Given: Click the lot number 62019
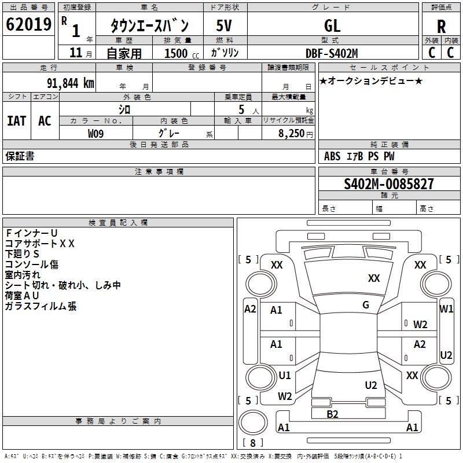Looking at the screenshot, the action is click(x=28, y=24).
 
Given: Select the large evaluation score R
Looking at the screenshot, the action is click(x=441, y=26).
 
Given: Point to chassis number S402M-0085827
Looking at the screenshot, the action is click(x=388, y=185).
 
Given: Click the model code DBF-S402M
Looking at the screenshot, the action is click(x=332, y=53).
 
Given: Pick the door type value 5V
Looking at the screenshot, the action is click(x=225, y=25).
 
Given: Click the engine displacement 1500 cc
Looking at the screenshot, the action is click(x=179, y=53).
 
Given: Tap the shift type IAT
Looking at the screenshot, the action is click(x=17, y=121).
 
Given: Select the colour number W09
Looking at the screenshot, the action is click(x=96, y=133).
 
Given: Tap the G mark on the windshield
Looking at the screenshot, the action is click(x=366, y=305).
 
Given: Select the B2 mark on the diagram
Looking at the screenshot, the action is click(x=332, y=414).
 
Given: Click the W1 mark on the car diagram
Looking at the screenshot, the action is click(x=446, y=309).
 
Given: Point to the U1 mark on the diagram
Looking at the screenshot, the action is click(x=285, y=376).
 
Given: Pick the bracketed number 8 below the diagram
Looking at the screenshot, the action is click(x=252, y=443).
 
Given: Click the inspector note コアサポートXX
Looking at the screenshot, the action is click(x=40, y=244).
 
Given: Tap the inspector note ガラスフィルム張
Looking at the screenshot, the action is click(x=41, y=306).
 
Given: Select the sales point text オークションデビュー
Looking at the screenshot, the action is click(x=371, y=80).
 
